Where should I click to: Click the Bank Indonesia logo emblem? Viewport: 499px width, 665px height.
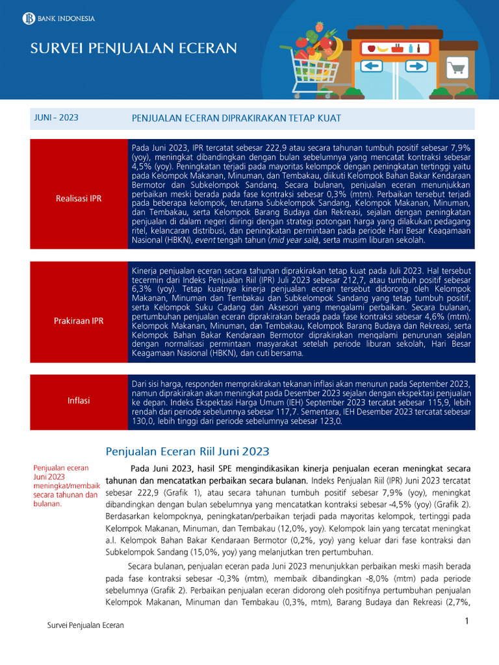click(28, 18)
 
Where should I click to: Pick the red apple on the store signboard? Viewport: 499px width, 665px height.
click(371, 48)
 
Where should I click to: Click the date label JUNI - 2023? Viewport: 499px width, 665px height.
click(57, 118)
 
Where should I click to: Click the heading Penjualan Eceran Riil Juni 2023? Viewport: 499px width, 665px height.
click(187, 451)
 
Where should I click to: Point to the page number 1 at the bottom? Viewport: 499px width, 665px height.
click(467, 621)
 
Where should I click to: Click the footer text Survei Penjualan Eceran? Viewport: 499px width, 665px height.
click(86, 625)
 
